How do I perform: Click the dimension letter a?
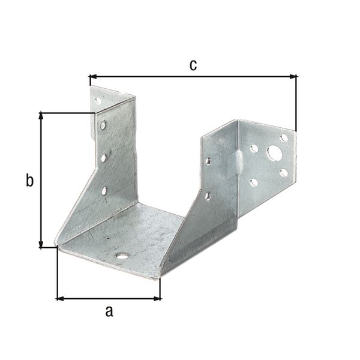[109, 310]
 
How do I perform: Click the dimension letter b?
[29, 180]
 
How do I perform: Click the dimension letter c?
[193, 65]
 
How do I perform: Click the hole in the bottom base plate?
[122, 256]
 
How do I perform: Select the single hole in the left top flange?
[98, 101]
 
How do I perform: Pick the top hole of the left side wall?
[103, 126]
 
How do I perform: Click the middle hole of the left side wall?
[104, 158]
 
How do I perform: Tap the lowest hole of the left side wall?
[104, 191]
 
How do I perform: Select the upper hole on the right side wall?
[208, 161]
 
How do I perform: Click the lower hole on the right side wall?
[208, 195]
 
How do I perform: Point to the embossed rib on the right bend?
[239, 161]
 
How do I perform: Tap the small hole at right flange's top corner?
[284, 138]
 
